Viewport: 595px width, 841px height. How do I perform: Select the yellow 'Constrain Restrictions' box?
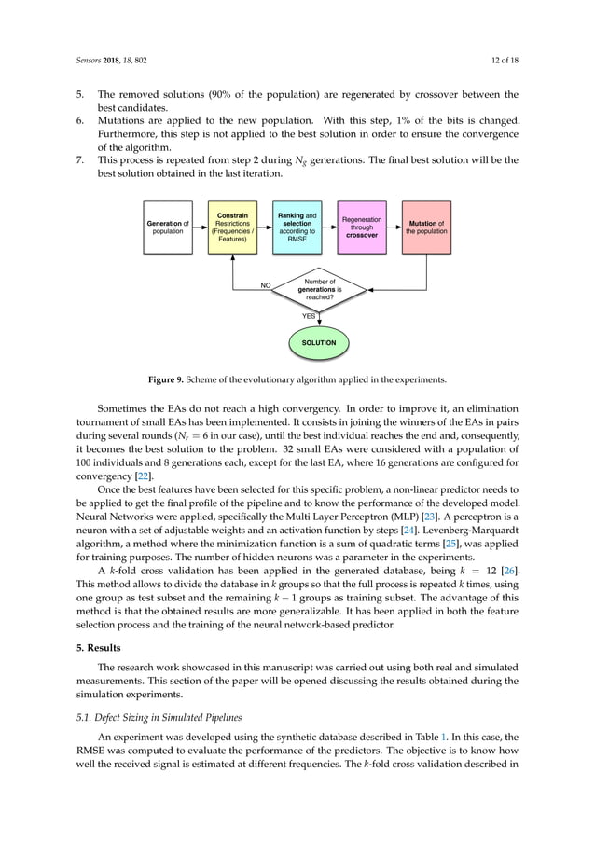232,227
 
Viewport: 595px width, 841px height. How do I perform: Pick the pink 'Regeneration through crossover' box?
361,227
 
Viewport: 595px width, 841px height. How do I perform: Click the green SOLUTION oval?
319,343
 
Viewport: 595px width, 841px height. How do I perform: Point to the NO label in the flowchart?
266,287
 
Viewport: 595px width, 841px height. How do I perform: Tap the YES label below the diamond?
308,316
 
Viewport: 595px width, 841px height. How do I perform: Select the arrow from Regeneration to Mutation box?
394,227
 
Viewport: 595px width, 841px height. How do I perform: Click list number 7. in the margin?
80,160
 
